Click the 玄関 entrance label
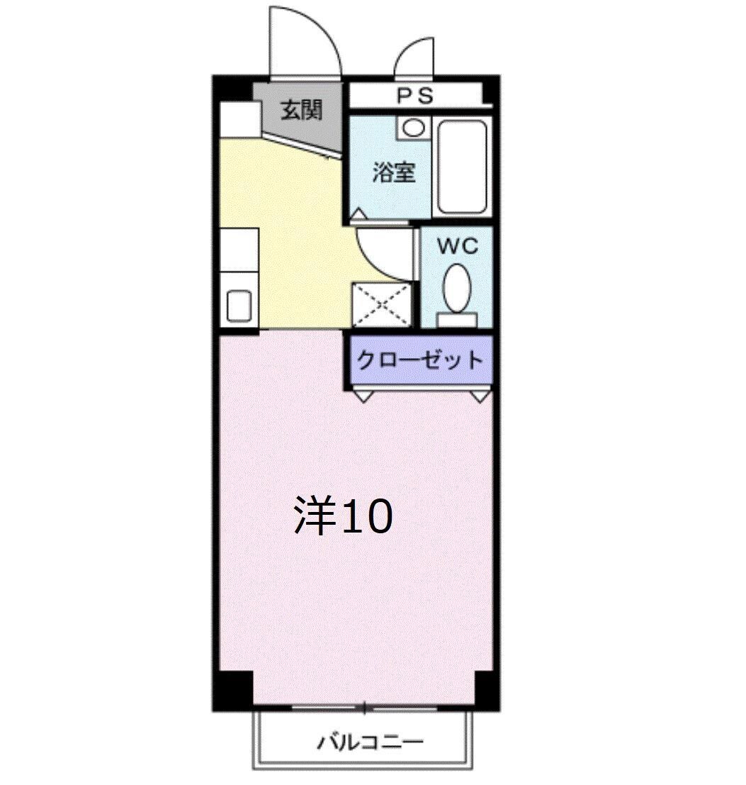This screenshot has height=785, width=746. coord(301,110)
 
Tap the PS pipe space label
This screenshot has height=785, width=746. coord(414,96)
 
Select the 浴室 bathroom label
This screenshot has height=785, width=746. coord(393,172)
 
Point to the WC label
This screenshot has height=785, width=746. coord(457,247)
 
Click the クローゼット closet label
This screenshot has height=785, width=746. coord(419,360)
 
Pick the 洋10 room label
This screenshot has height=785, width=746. coord(342,517)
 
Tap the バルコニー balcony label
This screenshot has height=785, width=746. coord(370,742)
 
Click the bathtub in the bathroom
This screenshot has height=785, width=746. coord(463,166)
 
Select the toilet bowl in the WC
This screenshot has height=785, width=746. coord(457,287)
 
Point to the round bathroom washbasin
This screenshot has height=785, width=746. coord(414,128)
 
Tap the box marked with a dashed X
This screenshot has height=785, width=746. coord(381,304)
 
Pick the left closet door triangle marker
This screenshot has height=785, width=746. coord(362,396)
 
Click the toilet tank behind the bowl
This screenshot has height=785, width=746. coord(457,320)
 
